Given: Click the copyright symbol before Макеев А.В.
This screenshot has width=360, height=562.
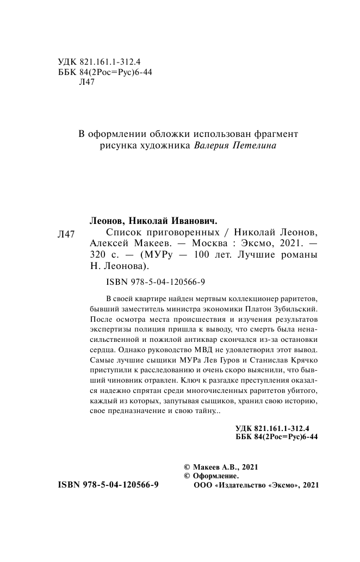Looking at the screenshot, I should [x=188, y=467].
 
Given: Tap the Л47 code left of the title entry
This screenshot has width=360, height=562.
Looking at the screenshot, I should [x=66, y=235].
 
